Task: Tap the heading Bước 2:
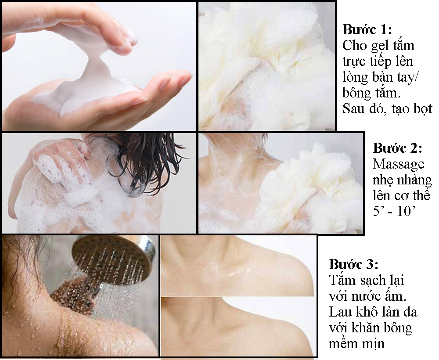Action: click(397, 148)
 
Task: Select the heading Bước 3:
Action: click(353, 265)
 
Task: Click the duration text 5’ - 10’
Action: click(394, 211)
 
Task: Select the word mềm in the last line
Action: click(344, 343)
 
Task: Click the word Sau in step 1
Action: click(353, 108)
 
